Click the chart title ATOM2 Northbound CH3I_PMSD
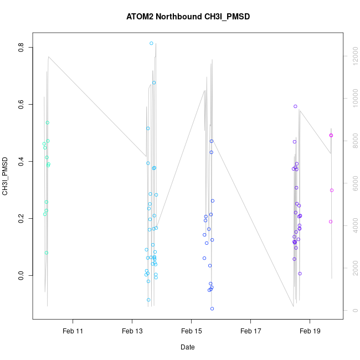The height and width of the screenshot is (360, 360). (188, 17)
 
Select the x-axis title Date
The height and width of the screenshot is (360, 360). (187, 347)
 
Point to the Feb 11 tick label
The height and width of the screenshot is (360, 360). (73, 331)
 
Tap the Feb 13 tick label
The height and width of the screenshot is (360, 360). (132, 331)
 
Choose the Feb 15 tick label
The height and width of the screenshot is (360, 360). (191, 331)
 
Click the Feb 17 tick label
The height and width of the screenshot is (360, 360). (250, 331)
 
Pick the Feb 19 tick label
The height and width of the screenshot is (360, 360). (310, 331)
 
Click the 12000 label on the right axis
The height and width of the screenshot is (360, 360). (353, 56)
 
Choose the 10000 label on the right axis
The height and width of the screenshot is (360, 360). (353, 99)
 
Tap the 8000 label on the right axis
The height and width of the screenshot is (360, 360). (353, 141)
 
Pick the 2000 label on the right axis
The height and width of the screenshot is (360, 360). (353, 268)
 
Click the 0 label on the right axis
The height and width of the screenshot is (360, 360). (353, 310)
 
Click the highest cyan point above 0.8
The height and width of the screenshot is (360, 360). (151, 43)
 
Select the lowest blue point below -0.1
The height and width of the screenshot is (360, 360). (212, 308)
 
